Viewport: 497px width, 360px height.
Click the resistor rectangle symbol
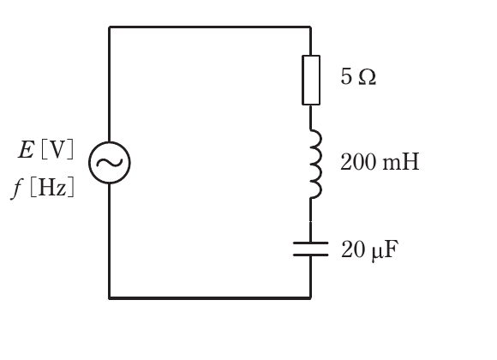point(302,80)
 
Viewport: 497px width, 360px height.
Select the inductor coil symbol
point(320,164)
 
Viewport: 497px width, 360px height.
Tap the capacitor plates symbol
point(310,249)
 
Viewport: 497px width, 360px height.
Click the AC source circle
point(90,163)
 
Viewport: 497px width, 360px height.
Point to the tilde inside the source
point(110,162)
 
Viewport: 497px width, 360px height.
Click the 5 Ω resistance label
point(358,77)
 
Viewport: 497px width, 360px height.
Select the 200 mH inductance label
point(380,162)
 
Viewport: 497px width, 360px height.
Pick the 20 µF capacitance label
point(369,249)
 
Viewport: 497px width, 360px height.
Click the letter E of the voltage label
point(26,149)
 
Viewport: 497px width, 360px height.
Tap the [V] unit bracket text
point(57,149)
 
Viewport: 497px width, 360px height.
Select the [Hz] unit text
point(52,187)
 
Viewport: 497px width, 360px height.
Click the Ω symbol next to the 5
point(368,77)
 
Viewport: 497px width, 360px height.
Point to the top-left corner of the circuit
point(110,27)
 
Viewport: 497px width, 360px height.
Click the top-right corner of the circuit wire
point(310,27)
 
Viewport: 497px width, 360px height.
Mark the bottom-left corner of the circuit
point(110,297)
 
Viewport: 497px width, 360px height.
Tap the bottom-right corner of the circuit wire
point(310,297)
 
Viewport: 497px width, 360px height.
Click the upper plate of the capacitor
point(310,243)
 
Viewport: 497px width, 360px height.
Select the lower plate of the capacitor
point(310,255)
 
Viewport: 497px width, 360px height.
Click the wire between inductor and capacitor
point(310,220)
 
